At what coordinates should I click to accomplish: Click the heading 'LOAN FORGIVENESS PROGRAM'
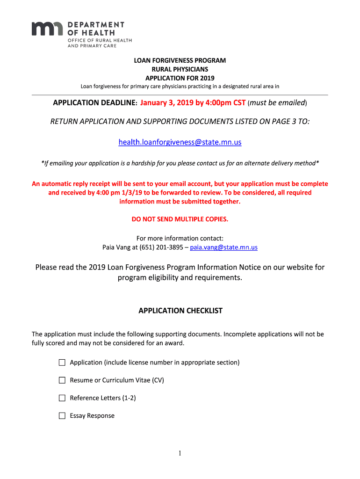[x=180, y=61]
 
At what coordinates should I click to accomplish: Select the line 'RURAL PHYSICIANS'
[x=180, y=69]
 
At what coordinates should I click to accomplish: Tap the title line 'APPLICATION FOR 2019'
[x=180, y=78]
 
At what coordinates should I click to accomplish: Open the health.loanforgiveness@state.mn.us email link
[x=180, y=142]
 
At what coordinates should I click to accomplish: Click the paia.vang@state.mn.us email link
[x=223, y=247]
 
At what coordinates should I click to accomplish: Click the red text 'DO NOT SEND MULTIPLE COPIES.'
[x=180, y=219]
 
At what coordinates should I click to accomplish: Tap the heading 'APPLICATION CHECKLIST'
[x=180, y=311]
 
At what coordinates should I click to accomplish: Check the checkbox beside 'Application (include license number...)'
[x=62, y=363]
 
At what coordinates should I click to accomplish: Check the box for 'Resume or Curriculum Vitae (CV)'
[x=62, y=380]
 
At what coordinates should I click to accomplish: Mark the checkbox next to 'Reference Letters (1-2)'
[x=62, y=398]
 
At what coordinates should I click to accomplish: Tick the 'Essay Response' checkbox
[x=62, y=416]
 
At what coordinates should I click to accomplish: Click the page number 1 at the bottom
[x=180, y=453]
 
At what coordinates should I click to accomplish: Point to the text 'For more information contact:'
[x=180, y=238]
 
